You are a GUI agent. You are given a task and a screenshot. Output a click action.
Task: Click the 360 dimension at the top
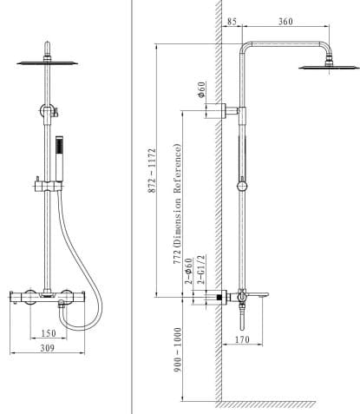(x=285, y=22)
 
